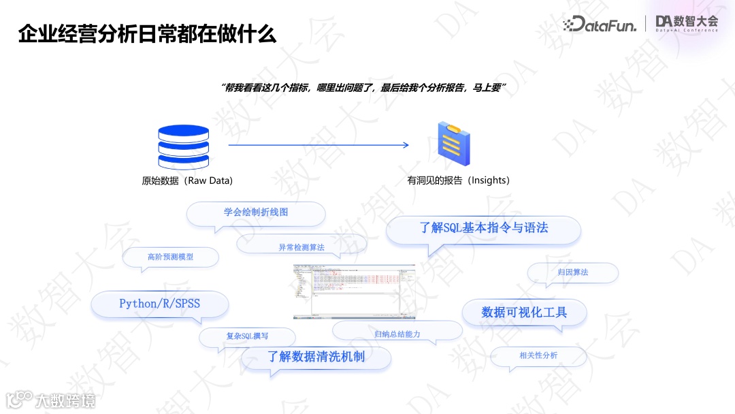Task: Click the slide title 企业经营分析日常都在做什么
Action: click(147, 34)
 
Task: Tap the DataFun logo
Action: click(600, 25)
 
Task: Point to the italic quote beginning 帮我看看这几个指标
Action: click(365, 89)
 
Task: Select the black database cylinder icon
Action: click(184, 146)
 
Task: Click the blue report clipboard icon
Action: click(454, 144)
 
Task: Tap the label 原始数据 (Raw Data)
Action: click(187, 181)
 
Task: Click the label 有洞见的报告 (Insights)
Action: click(458, 180)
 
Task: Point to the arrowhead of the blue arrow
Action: click(406, 145)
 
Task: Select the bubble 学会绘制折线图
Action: click(256, 212)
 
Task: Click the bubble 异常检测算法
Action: click(301, 247)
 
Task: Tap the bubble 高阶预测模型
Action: click(170, 257)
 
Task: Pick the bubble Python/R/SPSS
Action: click(160, 304)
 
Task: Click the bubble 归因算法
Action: click(572, 272)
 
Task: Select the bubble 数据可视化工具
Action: click(524, 313)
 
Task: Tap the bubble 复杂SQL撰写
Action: click(247, 336)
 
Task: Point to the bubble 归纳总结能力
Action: click(397, 334)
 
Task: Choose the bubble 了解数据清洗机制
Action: click(316, 357)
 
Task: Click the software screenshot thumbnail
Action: click(354, 291)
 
